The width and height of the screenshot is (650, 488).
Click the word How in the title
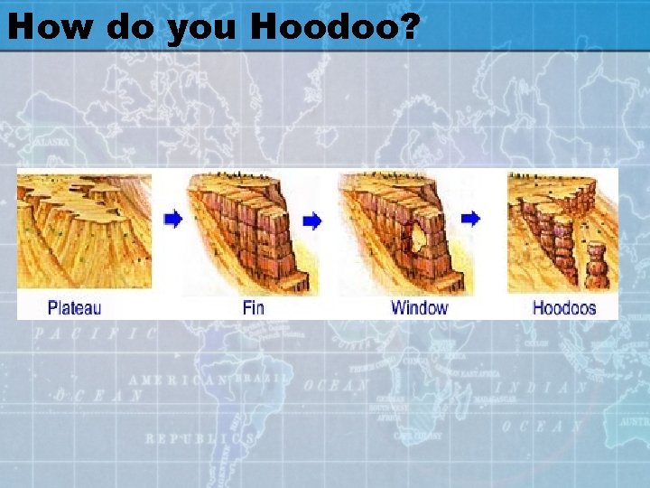50,27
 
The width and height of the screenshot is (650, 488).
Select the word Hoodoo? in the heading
335,27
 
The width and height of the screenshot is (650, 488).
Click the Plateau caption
74,307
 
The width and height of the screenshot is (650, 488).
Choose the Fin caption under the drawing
254,307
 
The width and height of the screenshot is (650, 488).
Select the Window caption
419,307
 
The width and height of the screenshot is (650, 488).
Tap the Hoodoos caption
564,307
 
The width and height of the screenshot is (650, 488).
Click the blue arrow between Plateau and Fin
173,219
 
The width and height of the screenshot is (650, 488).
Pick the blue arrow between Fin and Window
312,220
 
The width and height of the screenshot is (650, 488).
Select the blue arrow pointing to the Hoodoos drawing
470,219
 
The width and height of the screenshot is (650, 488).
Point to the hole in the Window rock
419,237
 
